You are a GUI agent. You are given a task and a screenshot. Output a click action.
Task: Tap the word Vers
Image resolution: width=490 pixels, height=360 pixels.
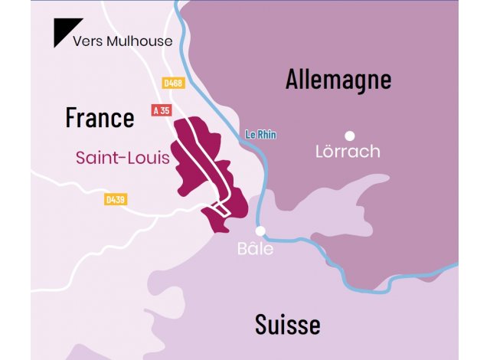tap(87, 41)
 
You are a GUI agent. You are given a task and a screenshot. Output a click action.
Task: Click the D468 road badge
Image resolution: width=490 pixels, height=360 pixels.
tap(173, 81)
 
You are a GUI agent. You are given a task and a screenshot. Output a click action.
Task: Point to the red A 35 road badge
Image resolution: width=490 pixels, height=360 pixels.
tap(161, 110)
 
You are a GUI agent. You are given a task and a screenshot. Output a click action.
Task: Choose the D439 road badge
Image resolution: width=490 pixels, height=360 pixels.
tap(116, 200)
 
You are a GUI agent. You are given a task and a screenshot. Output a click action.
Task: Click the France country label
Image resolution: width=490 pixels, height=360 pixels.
tap(100, 118)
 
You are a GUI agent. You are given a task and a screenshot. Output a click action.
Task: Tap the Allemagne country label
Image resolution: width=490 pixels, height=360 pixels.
tap(338, 79)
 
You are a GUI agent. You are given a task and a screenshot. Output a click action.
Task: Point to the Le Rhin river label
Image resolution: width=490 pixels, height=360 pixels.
tap(260, 135)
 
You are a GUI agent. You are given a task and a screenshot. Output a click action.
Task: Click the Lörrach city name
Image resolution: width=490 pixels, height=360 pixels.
tap(348, 152)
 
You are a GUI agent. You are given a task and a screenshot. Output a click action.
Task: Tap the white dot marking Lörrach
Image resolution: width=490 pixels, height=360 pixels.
tap(350, 136)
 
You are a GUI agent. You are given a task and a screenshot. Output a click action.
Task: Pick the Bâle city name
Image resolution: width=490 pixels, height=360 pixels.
tap(254, 249)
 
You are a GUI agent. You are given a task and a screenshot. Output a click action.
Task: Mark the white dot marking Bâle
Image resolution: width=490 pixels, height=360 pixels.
tap(260, 230)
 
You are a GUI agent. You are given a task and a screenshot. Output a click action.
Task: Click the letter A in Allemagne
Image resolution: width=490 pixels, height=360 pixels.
tap(293, 79)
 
